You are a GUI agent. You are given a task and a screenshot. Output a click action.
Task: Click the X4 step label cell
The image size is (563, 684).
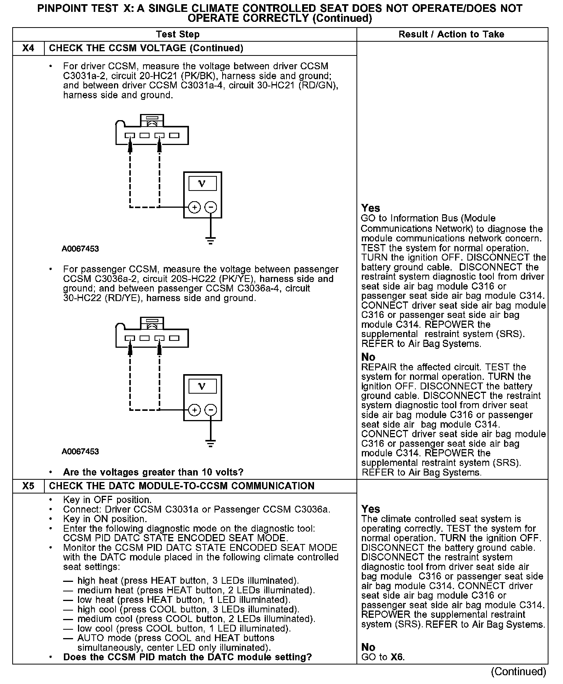tap(28, 48)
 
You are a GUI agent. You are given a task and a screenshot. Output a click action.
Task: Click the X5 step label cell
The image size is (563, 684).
tap(28, 486)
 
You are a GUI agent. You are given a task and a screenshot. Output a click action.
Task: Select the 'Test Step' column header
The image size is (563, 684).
tap(178, 34)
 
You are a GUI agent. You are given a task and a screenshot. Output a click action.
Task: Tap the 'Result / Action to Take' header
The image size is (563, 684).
tap(451, 34)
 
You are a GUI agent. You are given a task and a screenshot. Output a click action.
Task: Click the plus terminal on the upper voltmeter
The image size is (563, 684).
tap(194, 207)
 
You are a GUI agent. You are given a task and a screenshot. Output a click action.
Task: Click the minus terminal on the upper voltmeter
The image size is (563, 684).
tap(211, 207)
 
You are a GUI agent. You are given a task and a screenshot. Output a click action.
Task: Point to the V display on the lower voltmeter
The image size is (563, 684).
tap(202, 386)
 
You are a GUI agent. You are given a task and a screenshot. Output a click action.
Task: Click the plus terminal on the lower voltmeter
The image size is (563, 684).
tap(194, 410)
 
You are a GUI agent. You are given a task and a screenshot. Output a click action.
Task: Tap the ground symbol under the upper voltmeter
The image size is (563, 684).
tap(210, 240)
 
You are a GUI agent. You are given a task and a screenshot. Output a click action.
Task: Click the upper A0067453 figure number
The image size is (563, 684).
tap(80, 249)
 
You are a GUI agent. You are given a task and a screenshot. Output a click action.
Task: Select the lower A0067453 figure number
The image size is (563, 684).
tap(80, 452)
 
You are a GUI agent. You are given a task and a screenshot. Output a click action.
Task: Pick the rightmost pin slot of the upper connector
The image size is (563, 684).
tap(174, 135)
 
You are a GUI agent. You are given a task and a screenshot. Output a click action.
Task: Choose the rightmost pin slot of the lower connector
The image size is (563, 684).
tap(174, 338)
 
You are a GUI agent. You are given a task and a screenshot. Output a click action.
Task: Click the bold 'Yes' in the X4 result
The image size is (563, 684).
tap(370, 208)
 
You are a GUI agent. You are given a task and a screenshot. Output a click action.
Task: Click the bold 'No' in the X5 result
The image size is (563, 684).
tap(368, 647)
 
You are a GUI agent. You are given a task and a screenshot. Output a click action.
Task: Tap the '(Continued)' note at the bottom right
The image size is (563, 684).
tap(518, 671)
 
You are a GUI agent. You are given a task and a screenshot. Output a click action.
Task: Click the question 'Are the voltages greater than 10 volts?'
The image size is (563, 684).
tap(153, 472)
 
